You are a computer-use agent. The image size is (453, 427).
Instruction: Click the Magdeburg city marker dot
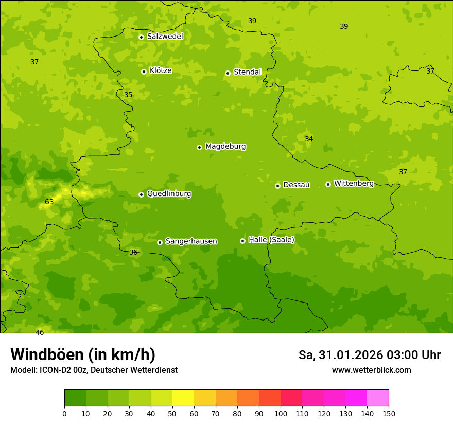[199, 147]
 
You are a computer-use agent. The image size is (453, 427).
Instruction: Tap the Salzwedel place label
[165, 37]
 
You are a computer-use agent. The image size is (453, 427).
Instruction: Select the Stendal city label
[248, 72]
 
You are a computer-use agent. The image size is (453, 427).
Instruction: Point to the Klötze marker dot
[144, 72]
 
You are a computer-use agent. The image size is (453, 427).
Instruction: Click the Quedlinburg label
[169, 194]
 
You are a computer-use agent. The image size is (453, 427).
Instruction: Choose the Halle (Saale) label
[271, 240]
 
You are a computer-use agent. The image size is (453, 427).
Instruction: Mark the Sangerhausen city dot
[160, 242]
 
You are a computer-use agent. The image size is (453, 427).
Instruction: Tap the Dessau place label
[297, 185]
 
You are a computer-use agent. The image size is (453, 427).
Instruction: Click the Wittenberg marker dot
[328, 184]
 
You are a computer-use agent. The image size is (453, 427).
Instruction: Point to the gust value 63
[49, 202]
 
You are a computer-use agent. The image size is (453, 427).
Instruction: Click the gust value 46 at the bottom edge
[40, 332]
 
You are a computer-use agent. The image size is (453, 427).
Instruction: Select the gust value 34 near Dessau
[309, 139]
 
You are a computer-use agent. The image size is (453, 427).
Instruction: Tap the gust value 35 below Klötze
[128, 95]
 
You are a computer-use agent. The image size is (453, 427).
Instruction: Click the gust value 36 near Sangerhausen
[133, 253]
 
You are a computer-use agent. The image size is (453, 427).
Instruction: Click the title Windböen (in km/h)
[83, 355]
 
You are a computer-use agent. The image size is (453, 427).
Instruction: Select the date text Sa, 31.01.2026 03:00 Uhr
[369, 355]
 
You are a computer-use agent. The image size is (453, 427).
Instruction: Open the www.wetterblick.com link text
[371, 370]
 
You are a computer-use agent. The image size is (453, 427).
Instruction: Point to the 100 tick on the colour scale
[281, 413]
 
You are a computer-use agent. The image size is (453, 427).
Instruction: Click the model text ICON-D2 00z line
[94, 370]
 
